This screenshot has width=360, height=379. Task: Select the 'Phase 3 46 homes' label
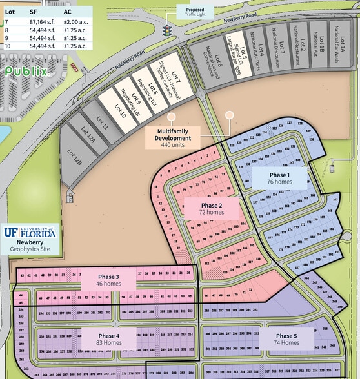[108, 279]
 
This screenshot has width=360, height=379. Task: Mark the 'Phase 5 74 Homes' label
[286, 340]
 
